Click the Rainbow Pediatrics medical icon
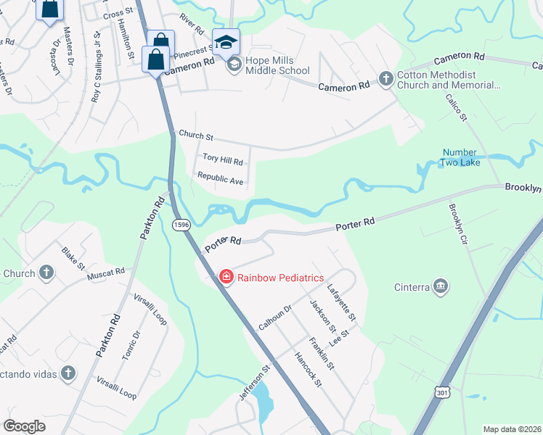click(226, 277)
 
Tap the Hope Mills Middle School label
click(277, 65)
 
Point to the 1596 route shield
click(181, 226)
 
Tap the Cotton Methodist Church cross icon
click(385, 78)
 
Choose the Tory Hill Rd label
click(222, 159)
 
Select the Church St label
click(196, 136)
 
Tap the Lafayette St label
click(341, 302)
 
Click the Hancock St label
click(307, 368)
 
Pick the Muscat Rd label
click(106, 275)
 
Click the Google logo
click(24, 426)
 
